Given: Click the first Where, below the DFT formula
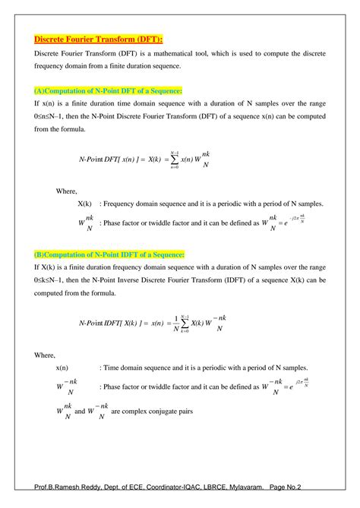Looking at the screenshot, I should (68, 190).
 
